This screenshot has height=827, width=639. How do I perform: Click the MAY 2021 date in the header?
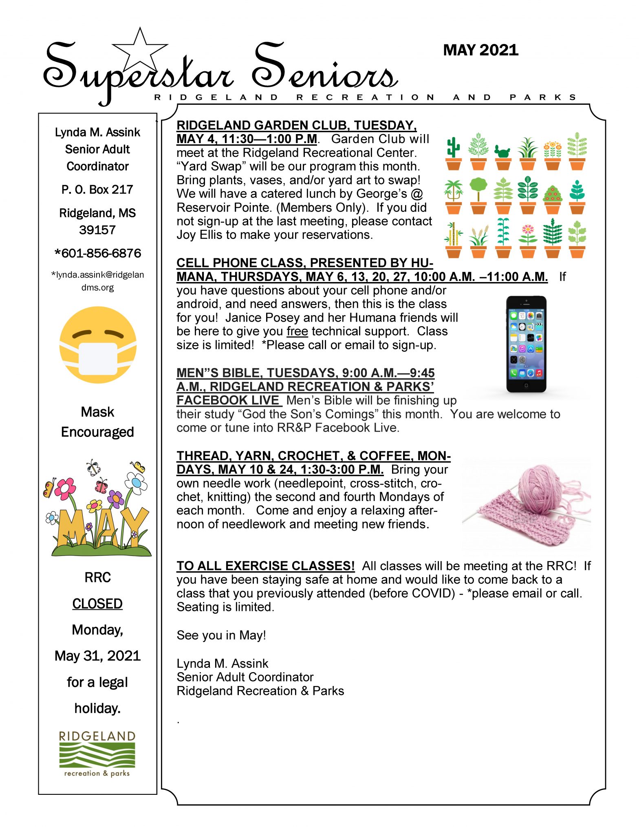tap(480, 50)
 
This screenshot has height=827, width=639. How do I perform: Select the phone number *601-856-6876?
tap(98, 253)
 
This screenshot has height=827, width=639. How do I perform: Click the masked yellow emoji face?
tap(98, 345)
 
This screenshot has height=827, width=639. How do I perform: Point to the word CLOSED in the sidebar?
tap(97, 604)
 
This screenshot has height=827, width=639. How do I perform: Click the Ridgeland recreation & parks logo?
tap(97, 754)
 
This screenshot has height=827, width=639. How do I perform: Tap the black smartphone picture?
tap(526, 344)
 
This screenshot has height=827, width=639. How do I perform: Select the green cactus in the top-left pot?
tap(453, 147)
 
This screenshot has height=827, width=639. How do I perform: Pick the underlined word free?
tap(297, 331)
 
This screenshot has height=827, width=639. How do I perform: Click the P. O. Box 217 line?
tap(97, 190)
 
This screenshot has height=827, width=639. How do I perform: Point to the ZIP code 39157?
tap(97, 230)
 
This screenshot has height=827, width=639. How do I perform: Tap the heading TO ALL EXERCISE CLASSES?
tap(265, 566)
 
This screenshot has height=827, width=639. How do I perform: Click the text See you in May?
tap(221, 635)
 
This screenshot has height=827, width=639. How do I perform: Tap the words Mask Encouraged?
tap(97, 422)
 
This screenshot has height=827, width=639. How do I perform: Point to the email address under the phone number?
tap(98, 281)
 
